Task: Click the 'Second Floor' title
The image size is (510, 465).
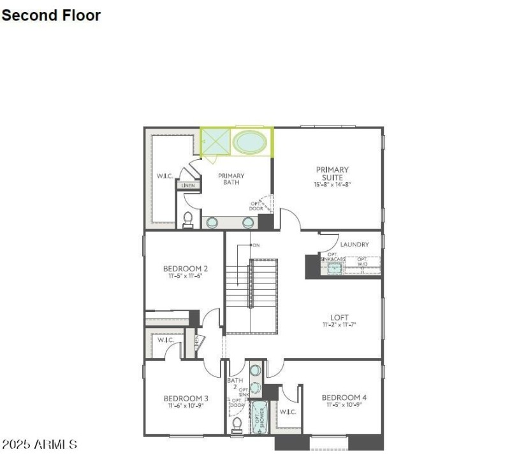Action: click(51, 15)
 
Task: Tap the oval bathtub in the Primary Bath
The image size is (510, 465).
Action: click(249, 142)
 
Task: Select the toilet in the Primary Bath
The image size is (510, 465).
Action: click(188, 220)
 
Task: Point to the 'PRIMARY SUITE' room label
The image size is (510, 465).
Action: click(332, 173)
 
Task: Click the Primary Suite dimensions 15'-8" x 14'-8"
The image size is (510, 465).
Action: click(332, 185)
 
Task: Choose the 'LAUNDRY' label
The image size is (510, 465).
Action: click(354, 245)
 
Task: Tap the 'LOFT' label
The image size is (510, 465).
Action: click(339, 317)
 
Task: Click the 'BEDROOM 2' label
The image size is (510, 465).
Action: click(185, 268)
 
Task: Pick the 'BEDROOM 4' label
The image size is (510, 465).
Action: click(344, 397)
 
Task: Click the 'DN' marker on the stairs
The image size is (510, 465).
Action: click(256, 245)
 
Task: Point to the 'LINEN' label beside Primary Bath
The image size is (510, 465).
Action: click(188, 186)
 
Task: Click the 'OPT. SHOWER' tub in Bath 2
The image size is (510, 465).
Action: click(259, 417)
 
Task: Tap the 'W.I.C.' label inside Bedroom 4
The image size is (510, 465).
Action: click(288, 412)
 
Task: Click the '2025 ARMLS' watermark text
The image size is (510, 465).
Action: click(40, 444)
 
